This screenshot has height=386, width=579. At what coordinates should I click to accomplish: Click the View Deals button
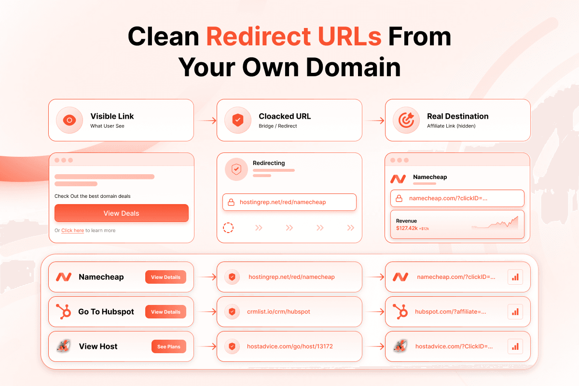(122, 213)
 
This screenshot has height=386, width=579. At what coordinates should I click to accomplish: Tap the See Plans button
(169, 346)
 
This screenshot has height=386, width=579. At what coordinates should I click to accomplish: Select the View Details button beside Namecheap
(165, 277)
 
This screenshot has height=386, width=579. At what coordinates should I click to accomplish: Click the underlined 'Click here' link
(73, 230)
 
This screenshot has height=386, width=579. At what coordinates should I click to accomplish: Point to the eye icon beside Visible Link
(69, 120)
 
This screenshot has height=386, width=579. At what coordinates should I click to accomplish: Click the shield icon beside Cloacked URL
(238, 120)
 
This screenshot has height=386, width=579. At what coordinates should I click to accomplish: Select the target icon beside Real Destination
(406, 120)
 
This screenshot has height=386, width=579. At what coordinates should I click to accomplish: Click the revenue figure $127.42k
(407, 228)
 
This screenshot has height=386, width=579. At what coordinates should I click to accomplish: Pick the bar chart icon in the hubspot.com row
(515, 312)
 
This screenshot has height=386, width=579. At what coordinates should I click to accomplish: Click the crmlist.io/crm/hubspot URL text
(278, 312)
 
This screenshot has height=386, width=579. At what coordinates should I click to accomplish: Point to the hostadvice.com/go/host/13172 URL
(290, 346)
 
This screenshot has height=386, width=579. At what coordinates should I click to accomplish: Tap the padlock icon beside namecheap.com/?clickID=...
(399, 198)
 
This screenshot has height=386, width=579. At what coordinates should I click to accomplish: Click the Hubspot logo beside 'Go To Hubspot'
(64, 312)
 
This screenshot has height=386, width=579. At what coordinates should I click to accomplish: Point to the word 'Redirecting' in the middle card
(269, 163)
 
